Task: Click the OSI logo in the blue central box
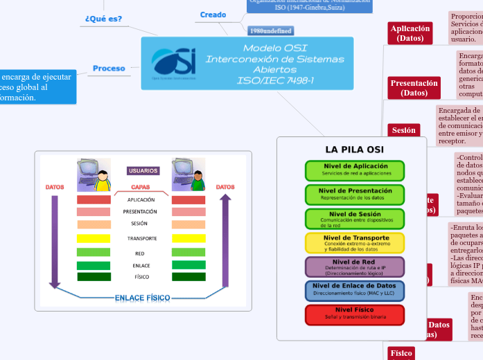[x=173, y=63]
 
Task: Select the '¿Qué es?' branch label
[x=103, y=19]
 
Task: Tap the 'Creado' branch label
[x=213, y=15]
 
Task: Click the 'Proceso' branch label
[x=109, y=69]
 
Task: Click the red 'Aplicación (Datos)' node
[x=410, y=33]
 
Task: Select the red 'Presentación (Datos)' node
[x=414, y=88]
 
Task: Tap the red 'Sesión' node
[x=403, y=130]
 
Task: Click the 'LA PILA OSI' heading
[x=354, y=150]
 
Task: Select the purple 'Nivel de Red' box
[x=354, y=267]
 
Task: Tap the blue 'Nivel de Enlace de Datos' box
[x=354, y=290]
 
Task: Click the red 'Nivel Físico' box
[x=354, y=314]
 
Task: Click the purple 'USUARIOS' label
[x=143, y=170]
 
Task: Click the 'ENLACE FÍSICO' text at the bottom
[x=142, y=298]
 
